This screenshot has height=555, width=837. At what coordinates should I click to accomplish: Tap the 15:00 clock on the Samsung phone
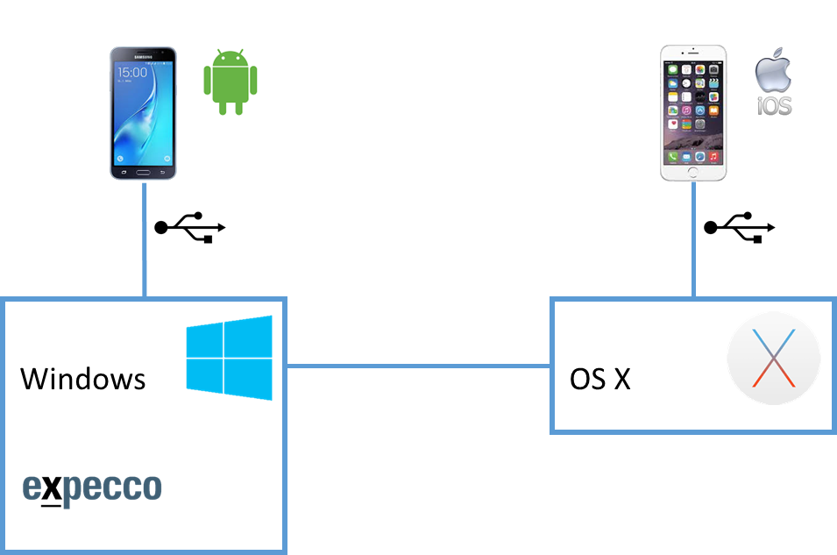tap(132, 72)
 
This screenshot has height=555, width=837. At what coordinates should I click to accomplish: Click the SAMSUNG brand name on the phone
tap(143, 55)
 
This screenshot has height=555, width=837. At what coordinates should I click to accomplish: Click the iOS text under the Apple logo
tap(775, 107)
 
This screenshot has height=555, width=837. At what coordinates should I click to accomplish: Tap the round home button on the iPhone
tap(693, 171)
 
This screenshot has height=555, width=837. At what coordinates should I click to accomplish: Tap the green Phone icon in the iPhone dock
tap(672, 156)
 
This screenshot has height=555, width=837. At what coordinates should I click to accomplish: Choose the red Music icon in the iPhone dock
tap(714, 156)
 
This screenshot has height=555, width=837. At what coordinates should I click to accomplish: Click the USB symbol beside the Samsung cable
tap(190, 227)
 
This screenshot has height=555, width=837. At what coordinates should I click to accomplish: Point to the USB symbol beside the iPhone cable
tap(740, 227)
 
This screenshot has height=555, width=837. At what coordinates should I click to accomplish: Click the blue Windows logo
tap(230, 357)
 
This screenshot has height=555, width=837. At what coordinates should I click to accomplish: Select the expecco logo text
tap(92, 487)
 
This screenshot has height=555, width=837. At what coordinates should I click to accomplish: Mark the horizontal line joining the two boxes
tap(419, 366)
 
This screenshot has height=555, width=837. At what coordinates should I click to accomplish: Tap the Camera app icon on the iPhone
tap(714, 70)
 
